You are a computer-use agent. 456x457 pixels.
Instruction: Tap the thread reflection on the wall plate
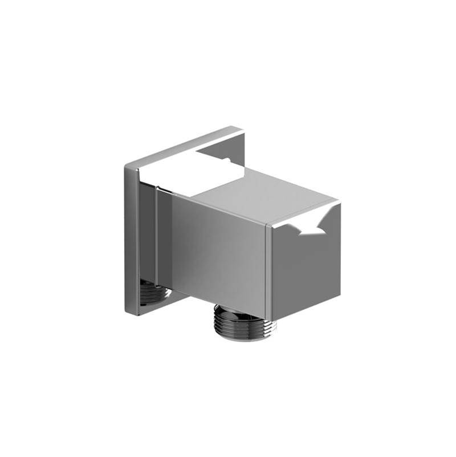pos(154,292)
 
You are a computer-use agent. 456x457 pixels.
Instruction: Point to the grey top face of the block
pos(268,194)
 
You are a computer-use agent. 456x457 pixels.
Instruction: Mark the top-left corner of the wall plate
pos(127,166)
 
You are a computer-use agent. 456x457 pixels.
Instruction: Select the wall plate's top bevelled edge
pos(182,145)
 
